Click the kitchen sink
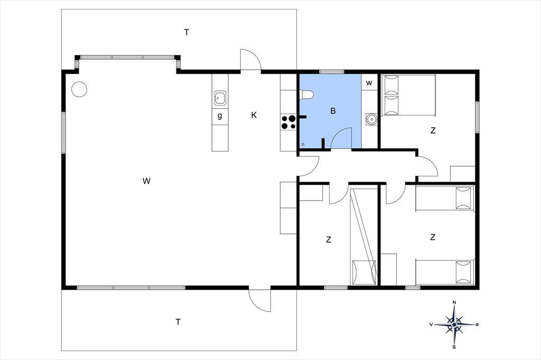click(220, 98)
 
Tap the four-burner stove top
click(289, 122)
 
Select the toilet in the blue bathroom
click(306, 94)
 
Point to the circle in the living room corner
click(79, 89)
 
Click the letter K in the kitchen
click(254, 115)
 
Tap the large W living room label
click(146, 181)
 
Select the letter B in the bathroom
click(333, 111)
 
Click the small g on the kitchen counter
click(220, 116)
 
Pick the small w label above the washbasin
click(369, 83)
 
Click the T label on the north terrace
click(186, 32)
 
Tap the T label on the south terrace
click(178, 322)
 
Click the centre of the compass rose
click(454, 325)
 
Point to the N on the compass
click(454, 302)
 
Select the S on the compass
click(454, 347)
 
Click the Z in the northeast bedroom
click(433, 130)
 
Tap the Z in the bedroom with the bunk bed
click(329, 239)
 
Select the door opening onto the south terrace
click(259, 299)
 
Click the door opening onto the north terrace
click(251, 60)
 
